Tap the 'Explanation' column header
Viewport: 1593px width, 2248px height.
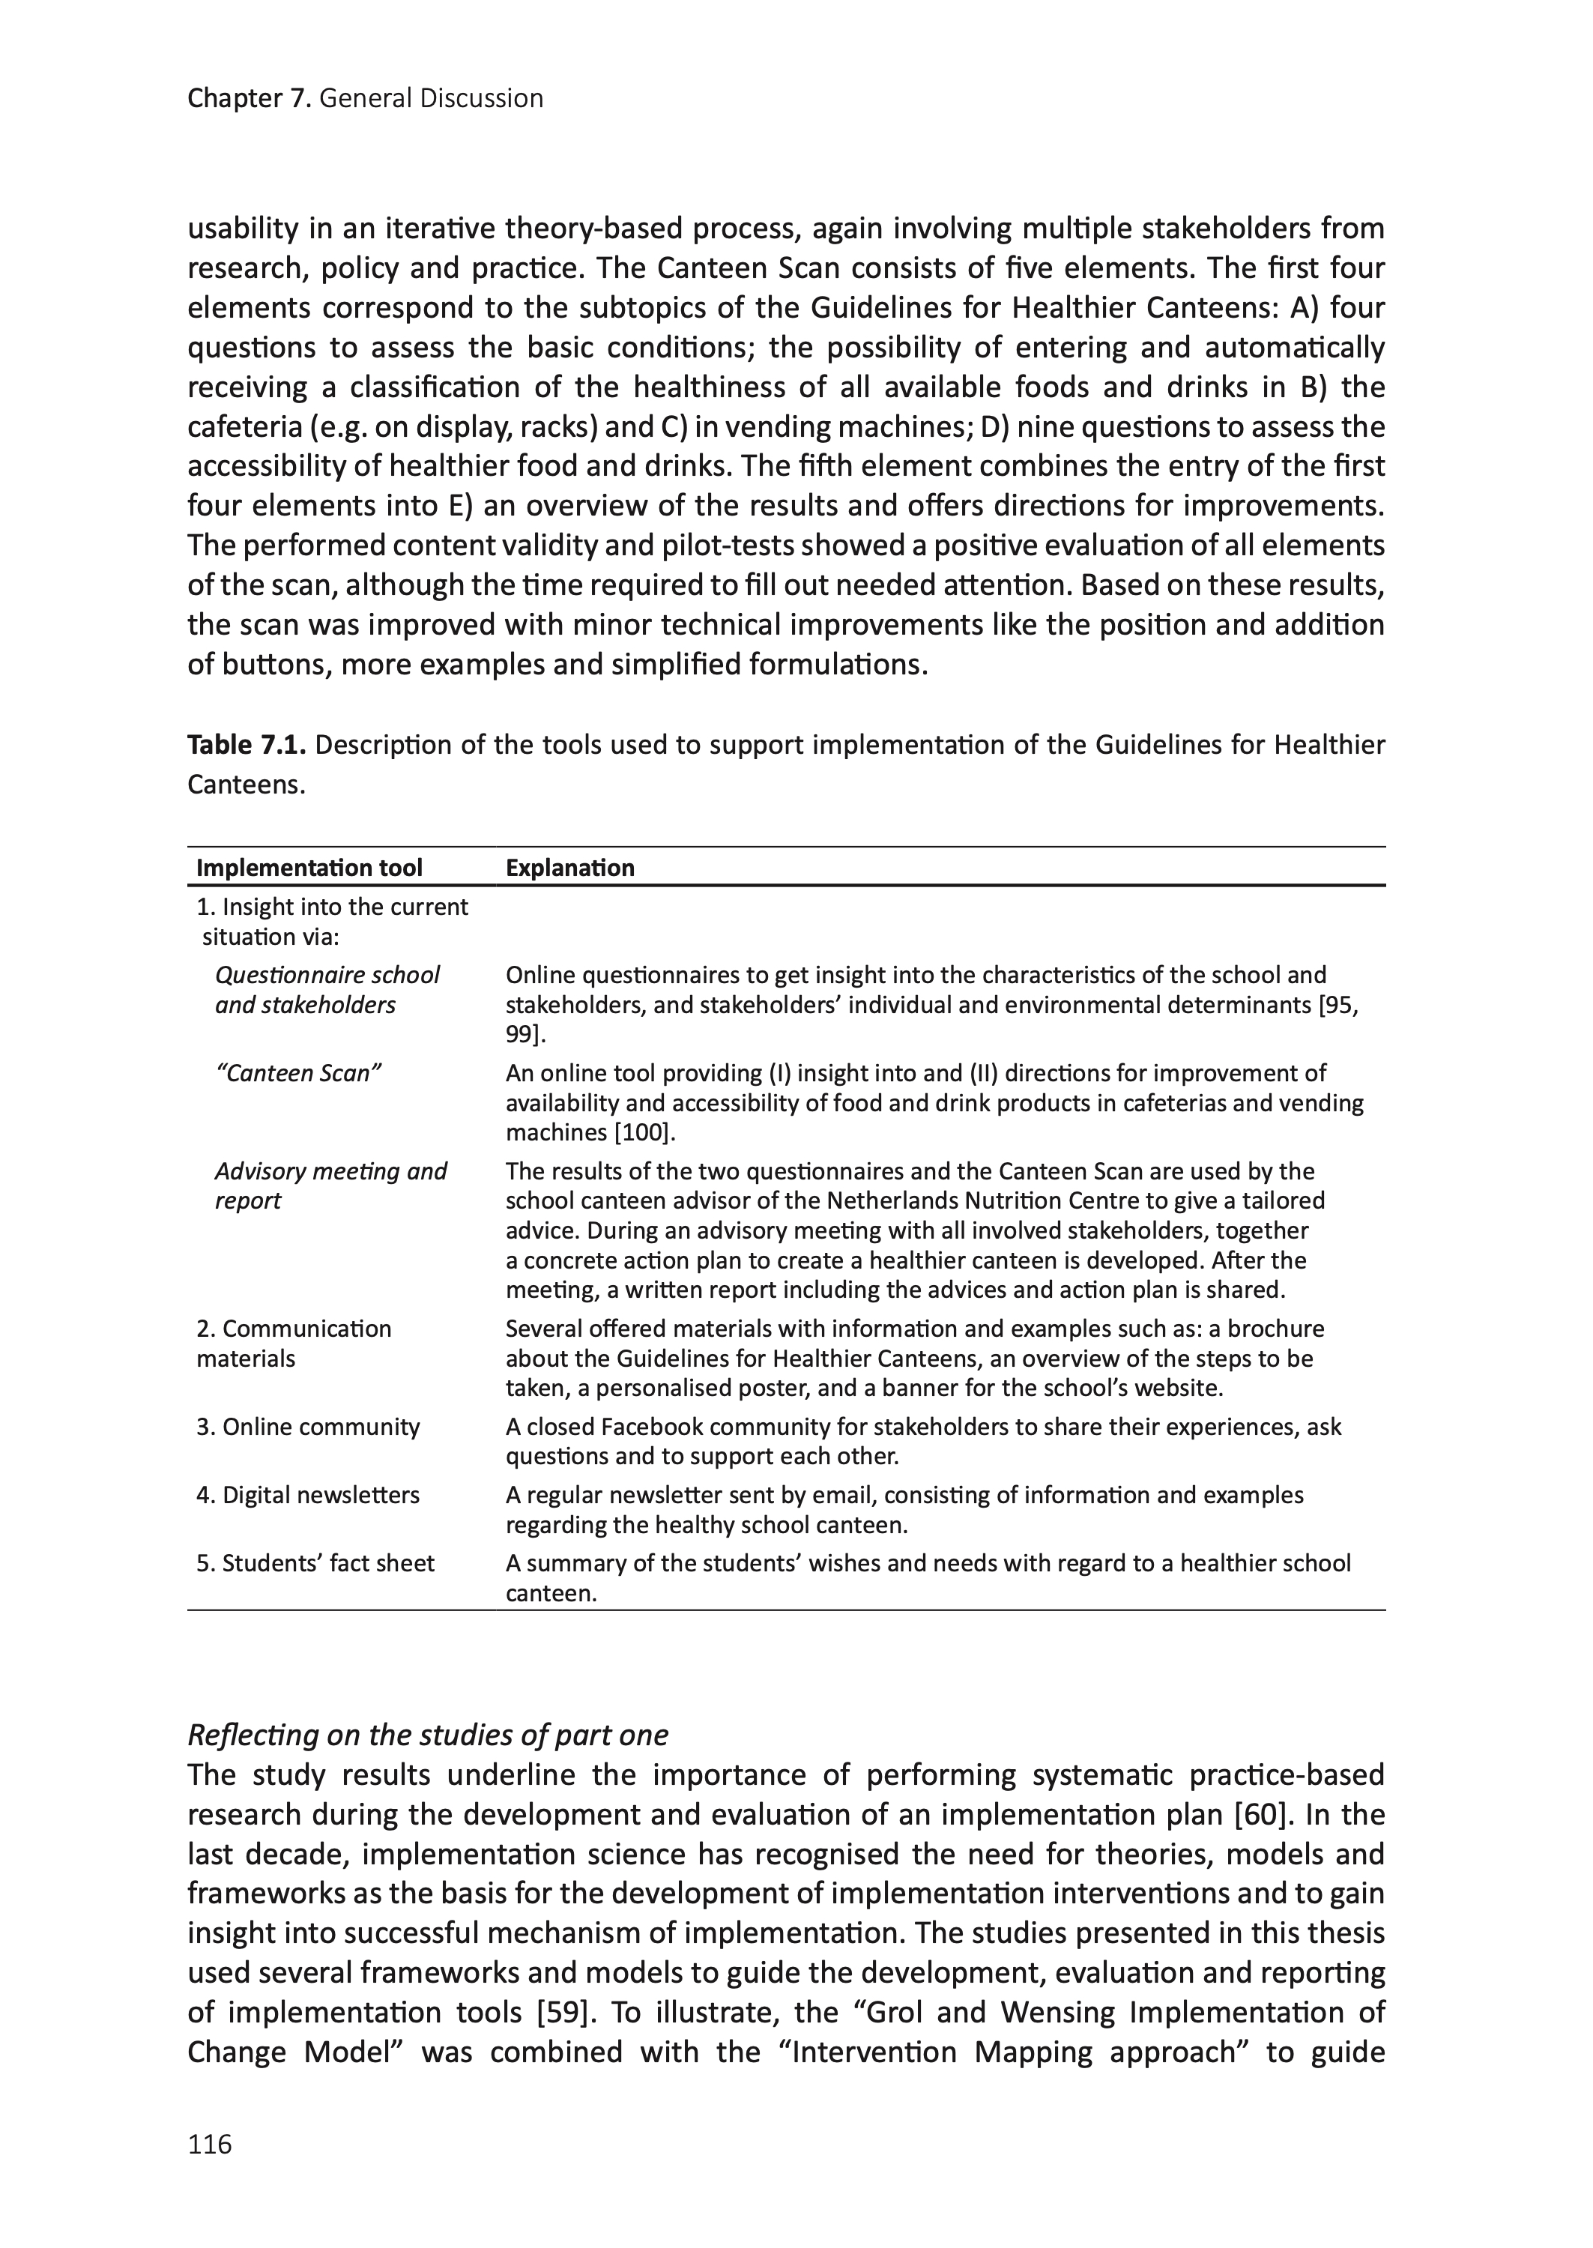[570, 868]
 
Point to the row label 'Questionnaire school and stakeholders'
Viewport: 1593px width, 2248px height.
[327, 990]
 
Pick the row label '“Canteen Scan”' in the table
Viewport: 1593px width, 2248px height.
[298, 1073]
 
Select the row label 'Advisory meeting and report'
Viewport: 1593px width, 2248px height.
[330, 1185]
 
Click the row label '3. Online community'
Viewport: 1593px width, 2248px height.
[307, 1427]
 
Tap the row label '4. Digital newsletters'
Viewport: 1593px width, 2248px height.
[307, 1495]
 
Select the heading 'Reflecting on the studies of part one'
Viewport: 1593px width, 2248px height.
[428, 1735]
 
